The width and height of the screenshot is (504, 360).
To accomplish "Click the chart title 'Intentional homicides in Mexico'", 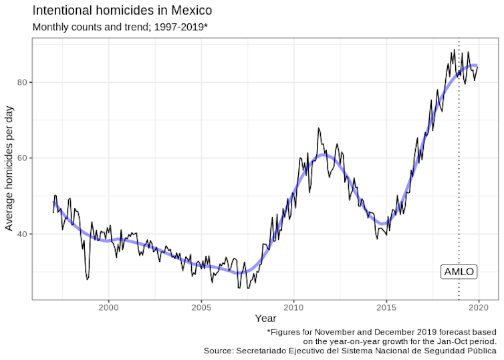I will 122,11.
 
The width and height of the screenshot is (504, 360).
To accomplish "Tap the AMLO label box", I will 459,271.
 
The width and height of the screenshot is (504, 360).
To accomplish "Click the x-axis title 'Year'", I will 265,319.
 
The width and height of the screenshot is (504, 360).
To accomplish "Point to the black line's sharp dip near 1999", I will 87,279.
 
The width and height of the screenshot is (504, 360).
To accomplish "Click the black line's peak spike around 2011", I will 318,128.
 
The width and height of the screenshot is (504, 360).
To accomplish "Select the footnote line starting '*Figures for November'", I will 382,332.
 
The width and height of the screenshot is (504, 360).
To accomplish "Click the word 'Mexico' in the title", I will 191,11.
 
